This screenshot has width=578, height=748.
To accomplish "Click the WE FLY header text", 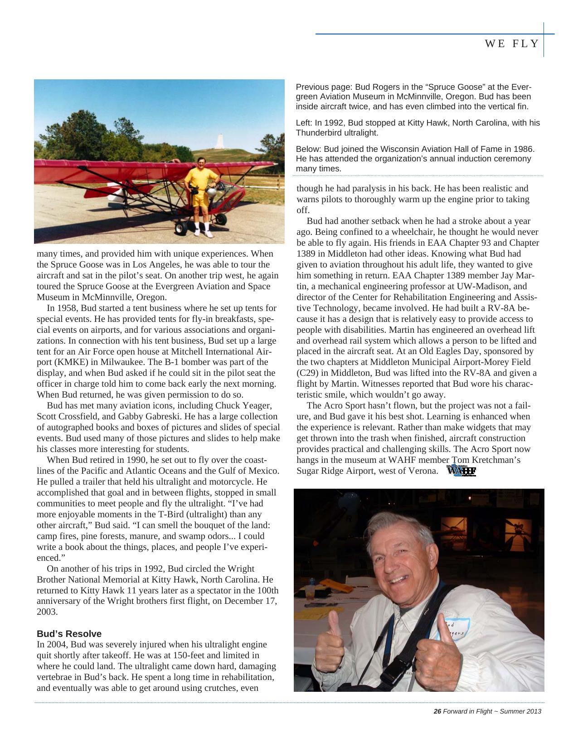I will click(x=512, y=44).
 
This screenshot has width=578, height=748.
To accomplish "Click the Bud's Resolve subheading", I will click(x=69, y=634).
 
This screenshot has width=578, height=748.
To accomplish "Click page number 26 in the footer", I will click(x=437, y=711).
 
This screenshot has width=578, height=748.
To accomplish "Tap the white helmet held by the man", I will click(x=211, y=193).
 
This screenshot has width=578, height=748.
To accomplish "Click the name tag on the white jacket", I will click(x=454, y=628).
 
